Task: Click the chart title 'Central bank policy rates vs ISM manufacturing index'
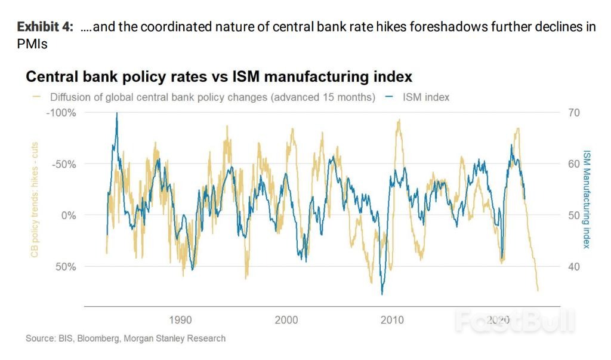[x=219, y=77]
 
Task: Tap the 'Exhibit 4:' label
[x=45, y=27]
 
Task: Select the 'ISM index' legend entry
[x=418, y=97]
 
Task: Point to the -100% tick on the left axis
[x=60, y=113]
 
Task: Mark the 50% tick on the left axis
[x=65, y=266]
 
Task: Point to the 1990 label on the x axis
[x=180, y=320]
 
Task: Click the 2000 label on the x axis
[x=286, y=320]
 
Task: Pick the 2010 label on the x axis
[x=392, y=320]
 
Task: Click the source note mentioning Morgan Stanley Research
[x=125, y=339]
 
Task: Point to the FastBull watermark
[x=514, y=322]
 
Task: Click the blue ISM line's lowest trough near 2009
[x=382, y=294]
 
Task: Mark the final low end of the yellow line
[x=538, y=291]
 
